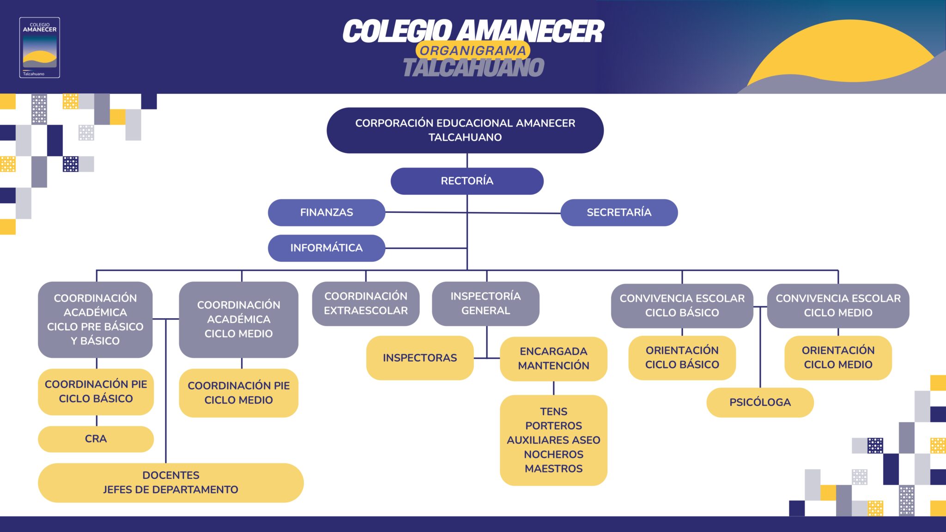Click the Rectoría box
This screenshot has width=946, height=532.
[467, 181]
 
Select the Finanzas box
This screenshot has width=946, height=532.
[326, 212]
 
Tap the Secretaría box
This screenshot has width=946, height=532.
[619, 212]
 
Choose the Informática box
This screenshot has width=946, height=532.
[326, 248]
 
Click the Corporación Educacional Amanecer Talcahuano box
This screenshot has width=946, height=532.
[465, 130]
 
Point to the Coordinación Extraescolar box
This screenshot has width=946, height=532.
[365, 303]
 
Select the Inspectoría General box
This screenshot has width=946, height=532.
[485, 303]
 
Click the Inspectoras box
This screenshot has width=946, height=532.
[419, 358]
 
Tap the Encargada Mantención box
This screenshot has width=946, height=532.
[553, 358]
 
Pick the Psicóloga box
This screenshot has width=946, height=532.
[760, 402]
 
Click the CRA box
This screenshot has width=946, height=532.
[96, 439]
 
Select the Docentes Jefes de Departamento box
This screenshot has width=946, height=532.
[170, 483]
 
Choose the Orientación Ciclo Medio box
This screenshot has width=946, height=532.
[838, 357]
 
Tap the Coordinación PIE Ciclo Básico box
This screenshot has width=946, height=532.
[96, 392]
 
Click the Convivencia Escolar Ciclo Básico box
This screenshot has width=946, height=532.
[682, 306]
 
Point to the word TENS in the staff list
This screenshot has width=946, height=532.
[553, 411]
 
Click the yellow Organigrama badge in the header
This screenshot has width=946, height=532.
[473, 51]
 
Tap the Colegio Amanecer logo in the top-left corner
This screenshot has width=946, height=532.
[40, 48]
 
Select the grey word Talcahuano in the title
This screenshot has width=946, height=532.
[473, 67]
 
